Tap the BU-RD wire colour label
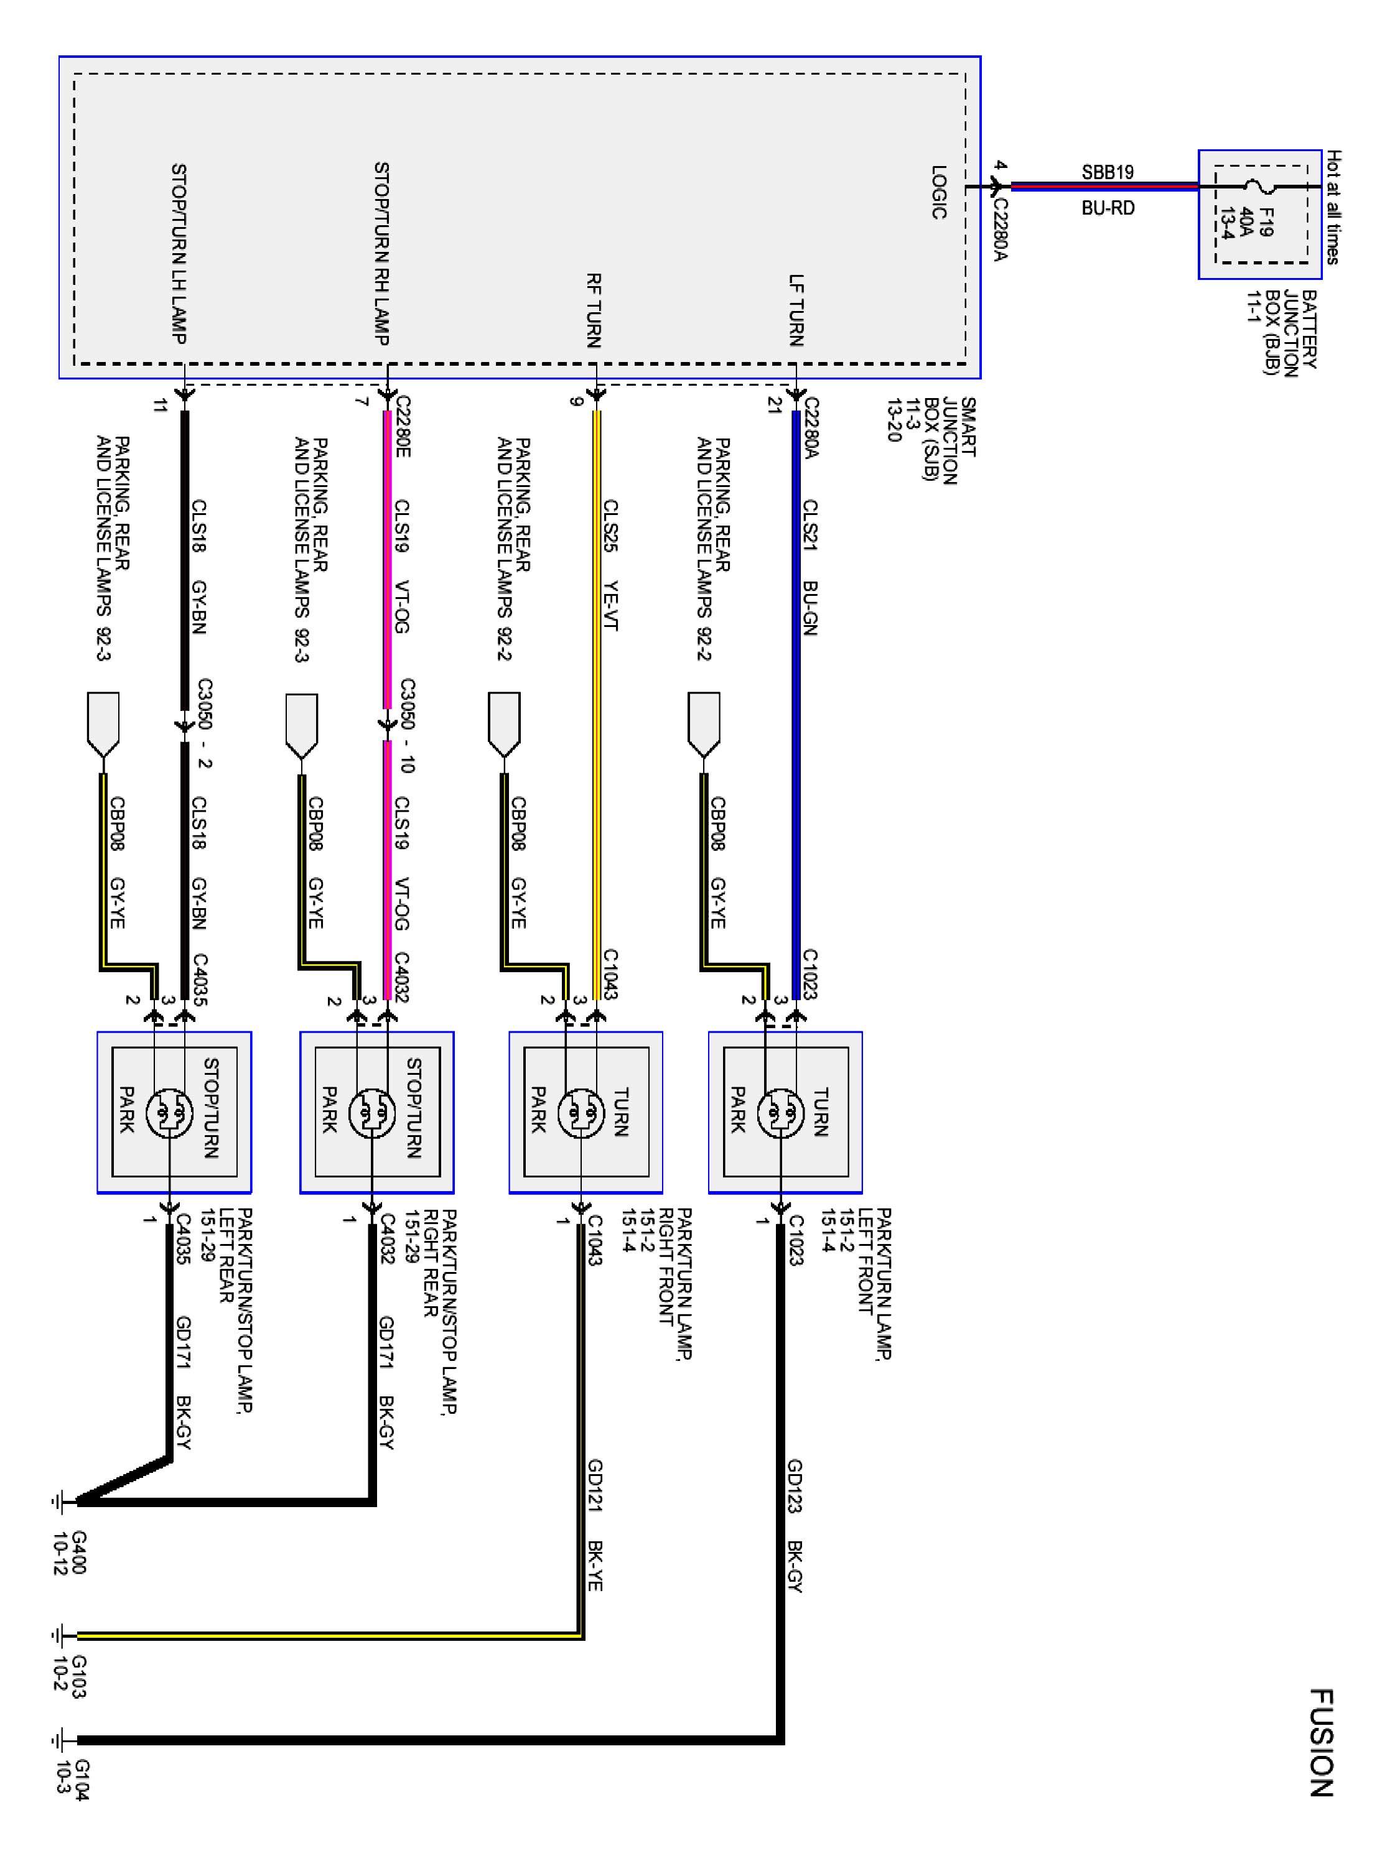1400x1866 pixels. [x=1108, y=208]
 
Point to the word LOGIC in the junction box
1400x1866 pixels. [x=938, y=192]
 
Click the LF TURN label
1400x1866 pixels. [x=796, y=310]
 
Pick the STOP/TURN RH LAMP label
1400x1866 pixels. [x=381, y=253]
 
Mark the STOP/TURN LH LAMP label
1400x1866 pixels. [x=179, y=253]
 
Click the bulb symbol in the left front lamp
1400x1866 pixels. [x=781, y=1113]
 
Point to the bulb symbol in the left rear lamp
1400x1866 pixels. [x=170, y=1113]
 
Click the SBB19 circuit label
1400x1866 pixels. [x=1108, y=172]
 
